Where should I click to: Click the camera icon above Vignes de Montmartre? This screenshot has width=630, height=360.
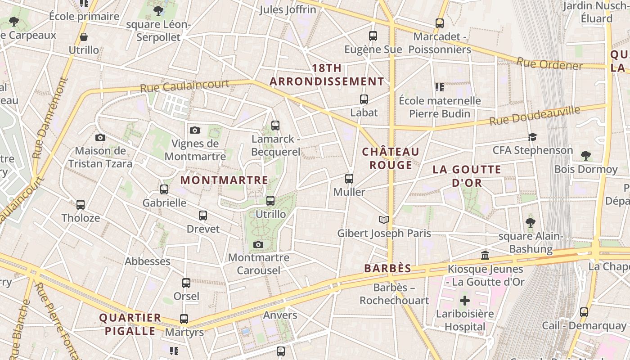(194, 130)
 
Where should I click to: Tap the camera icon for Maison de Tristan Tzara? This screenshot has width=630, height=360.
(100, 137)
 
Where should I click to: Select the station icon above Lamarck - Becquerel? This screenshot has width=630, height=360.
(275, 126)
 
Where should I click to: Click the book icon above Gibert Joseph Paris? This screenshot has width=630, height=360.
(383, 220)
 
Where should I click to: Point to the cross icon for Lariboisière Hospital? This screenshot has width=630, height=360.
(465, 300)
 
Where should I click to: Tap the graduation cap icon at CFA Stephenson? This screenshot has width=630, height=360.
(532, 137)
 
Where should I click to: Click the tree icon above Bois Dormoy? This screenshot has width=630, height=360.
(585, 156)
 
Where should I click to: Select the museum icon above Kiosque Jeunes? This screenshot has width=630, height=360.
(485, 256)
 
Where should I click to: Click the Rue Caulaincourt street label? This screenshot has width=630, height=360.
(184, 85)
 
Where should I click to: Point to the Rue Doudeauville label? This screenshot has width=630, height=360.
(535, 116)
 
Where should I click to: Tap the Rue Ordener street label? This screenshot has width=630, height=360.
(549, 63)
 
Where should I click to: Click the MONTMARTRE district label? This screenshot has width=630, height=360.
(224, 180)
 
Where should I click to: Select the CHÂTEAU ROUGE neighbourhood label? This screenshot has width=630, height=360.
(391, 158)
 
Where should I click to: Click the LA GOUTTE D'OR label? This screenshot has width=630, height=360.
(467, 176)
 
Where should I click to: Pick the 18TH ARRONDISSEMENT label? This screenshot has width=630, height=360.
(327, 75)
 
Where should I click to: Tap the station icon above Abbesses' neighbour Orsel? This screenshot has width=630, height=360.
(186, 283)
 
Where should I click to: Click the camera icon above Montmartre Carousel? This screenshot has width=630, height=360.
(258, 244)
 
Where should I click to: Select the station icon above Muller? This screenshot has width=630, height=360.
(349, 179)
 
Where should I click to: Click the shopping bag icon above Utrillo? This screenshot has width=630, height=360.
(83, 37)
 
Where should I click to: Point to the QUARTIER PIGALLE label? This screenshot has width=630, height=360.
(130, 324)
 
